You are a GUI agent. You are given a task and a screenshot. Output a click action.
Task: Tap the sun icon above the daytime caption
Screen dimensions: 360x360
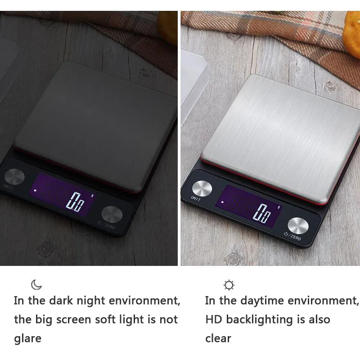point(229,285)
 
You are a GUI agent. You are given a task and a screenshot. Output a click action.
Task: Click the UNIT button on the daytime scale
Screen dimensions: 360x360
point(202,189)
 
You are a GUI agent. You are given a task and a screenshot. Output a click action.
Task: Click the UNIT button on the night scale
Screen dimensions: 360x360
point(14,176)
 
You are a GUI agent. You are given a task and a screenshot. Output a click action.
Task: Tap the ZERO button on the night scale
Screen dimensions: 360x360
point(112,215)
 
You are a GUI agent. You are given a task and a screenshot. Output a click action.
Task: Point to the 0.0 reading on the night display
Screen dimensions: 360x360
point(75,202)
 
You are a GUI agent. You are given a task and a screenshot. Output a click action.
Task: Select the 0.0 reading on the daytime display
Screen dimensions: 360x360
point(262,213)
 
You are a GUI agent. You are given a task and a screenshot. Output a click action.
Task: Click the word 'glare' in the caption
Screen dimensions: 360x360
point(28,339)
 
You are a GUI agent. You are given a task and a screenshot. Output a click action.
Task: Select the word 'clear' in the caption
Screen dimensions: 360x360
point(218,338)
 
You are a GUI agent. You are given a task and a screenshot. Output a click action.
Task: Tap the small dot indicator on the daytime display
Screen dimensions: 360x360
point(222,202)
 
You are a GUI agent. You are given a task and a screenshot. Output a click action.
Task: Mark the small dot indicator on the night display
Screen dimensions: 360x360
point(35,190)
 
